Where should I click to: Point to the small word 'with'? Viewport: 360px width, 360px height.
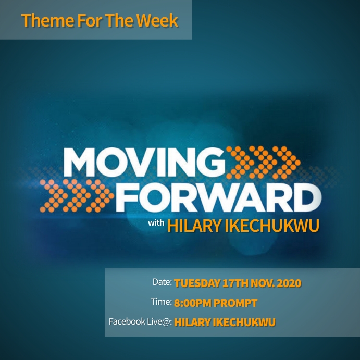(156, 224)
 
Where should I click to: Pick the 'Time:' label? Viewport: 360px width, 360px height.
(161, 302)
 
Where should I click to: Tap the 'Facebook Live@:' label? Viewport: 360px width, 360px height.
(140, 321)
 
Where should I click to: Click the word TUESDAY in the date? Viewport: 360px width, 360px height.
(196, 284)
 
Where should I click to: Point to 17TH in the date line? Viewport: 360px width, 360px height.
(235, 284)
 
